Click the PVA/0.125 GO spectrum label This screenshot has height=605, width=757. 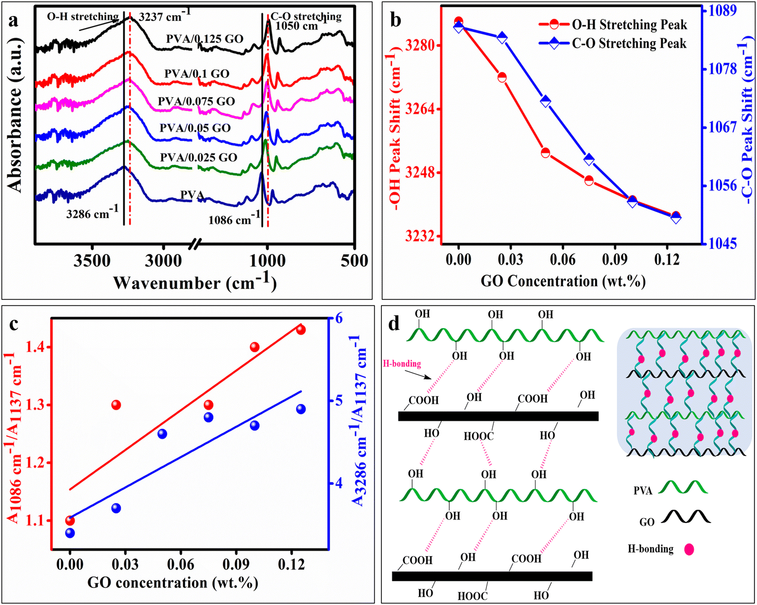pyautogui.click(x=205, y=39)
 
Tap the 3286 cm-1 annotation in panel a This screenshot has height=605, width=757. pyautogui.click(x=92, y=213)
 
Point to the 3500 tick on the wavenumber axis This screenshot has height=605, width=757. pyautogui.click(x=92, y=261)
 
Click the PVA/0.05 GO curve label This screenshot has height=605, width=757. pyautogui.click(x=195, y=128)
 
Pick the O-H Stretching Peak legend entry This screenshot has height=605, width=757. pyautogui.click(x=629, y=24)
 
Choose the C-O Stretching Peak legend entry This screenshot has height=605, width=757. pyautogui.click(x=629, y=43)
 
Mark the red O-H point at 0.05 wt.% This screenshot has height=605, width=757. pyautogui.click(x=546, y=153)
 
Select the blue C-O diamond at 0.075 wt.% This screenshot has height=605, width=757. pyautogui.click(x=589, y=159)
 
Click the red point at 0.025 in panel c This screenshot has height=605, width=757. pyautogui.click(x=116, y=405)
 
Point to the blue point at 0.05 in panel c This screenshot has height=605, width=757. pyautogui.click(x=162, y=434)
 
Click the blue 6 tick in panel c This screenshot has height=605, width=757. pyautogui.click(x=337, y=318)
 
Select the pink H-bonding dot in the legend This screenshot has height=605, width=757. pyautogui.click(x=689, y=549)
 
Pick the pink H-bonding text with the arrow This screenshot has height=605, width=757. pyautogui.click(x=401, y=364)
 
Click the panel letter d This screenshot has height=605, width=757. pyautogui.click(x=394, y=323)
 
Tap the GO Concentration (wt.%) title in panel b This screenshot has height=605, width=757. pyautogui.click(x=563, y=281)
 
